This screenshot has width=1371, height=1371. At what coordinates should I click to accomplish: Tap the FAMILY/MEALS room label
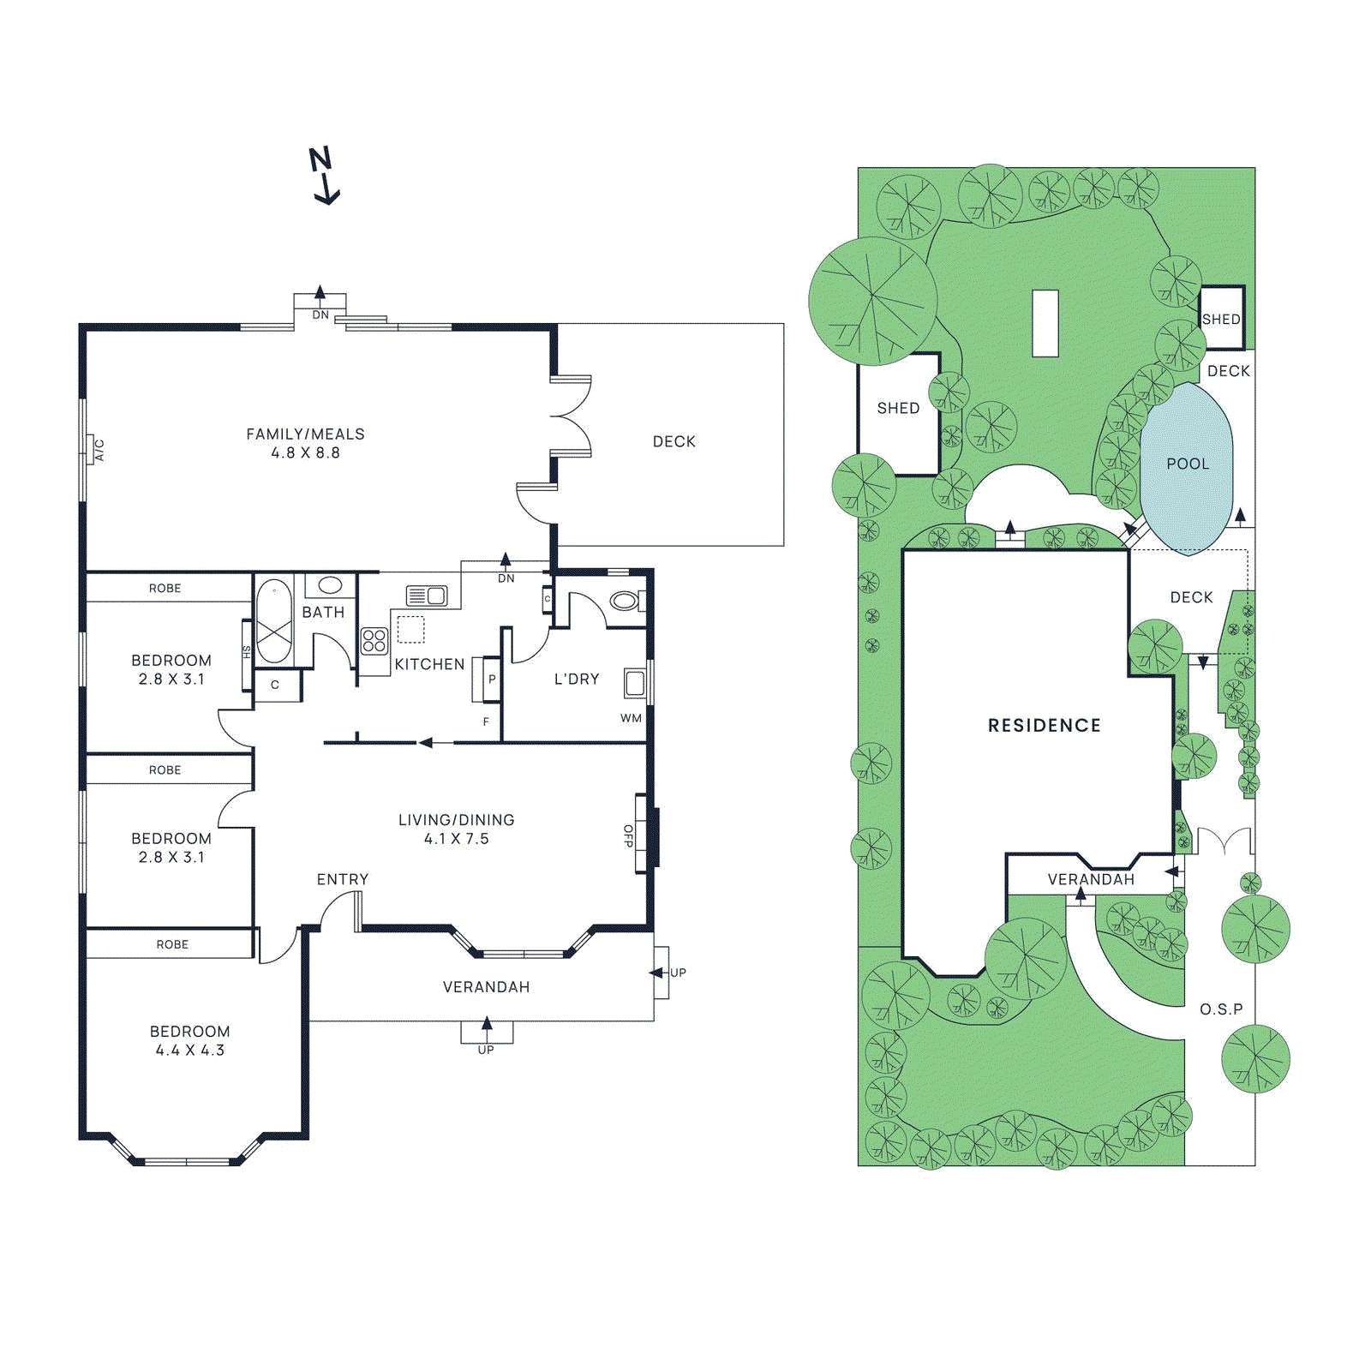click(305, 434)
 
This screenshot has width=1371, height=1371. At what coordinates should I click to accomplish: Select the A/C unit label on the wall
click(99, 450)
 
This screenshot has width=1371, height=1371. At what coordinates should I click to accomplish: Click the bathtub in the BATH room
click(274, 621)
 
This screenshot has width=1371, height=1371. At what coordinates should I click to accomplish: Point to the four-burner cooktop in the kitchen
click(374, 641)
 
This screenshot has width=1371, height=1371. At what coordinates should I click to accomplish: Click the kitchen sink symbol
click(427, 596)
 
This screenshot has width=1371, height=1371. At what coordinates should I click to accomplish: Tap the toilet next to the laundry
click(624, 602)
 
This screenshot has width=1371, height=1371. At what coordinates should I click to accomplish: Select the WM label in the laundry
click(631, 718)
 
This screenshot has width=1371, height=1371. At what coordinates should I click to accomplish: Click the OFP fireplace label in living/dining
click(628, 835)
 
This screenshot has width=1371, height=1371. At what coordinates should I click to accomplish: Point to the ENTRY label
click(343, 879)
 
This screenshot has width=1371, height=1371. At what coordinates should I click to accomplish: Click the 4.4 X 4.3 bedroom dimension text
click(189, 1051)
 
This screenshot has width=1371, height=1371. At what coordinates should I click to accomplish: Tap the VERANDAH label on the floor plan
click(486, 987)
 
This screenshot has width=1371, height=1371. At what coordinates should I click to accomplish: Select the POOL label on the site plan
click(1188, 464)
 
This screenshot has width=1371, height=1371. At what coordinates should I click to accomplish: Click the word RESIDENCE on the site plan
click(1044, 726)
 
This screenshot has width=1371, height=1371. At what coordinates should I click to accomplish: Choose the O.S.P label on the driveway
click(1221, 1009)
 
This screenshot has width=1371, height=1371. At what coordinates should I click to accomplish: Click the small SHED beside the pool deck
click(1221, 319)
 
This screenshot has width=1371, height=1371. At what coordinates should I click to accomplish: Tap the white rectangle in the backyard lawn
click(1045, 323)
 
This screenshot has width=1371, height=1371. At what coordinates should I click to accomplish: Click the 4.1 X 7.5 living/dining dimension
click(456, 839)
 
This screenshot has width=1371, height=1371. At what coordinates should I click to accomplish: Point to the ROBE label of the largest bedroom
click(171, 944)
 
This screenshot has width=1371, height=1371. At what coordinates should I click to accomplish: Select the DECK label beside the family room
click(674, 441)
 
